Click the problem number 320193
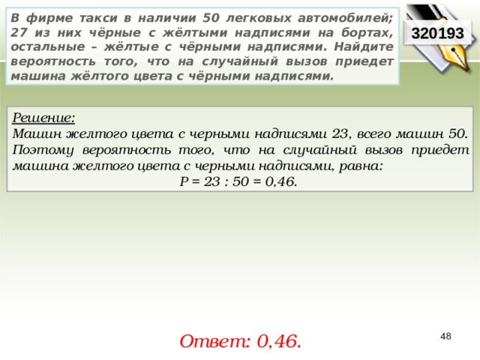[x=437, y=33]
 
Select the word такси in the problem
[x=98, y=18]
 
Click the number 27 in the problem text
[x=18, y=32]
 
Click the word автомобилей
[x=345, y=18]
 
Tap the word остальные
[x=48, y=46]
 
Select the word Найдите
[x=364, y=46]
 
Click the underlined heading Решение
[x=43, y=118]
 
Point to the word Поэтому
[x=43, y=150]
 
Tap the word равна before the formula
[x=361, y=166]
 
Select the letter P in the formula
[x=184, y=181]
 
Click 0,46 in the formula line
[x=281, y=181]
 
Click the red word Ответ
[x=215, y=341]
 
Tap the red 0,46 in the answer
[x=279, y=341]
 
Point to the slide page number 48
[x=445, y=337]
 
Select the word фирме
[x=49, y=18]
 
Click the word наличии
[x=166, y=18]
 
